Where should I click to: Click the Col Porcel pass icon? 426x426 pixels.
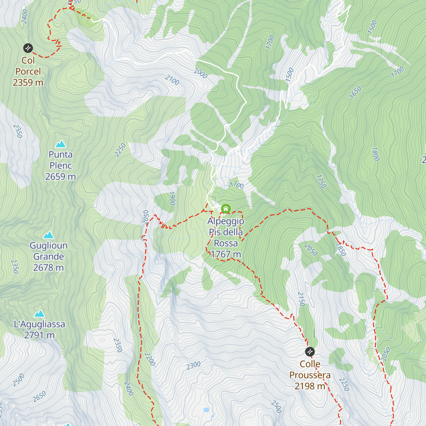point(28,48)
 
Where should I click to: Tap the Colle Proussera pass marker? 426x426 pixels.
point(310,352)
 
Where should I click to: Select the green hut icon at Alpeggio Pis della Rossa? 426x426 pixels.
point(226,209)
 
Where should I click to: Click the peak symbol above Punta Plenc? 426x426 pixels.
point(61,144)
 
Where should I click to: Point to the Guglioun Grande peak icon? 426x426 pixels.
point(48,235)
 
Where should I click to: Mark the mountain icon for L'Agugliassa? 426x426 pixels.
point(39,313)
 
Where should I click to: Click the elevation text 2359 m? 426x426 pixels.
point(28,83)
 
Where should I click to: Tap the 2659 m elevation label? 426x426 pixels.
point(61,177)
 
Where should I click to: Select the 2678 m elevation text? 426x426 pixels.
point(48,268)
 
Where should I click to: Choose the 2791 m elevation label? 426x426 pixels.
point(39,335)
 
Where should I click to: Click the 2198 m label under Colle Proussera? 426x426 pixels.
point(310,386)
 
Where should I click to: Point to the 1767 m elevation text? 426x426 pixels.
point(226,255)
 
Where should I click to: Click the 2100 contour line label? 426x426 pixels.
point(172,80)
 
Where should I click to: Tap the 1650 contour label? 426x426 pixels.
point(355,92)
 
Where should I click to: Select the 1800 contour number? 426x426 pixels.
point(376,154)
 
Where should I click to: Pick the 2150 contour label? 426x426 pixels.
point(301,299)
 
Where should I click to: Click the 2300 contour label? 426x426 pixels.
point(194,366)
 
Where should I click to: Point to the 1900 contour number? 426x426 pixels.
point(172,199)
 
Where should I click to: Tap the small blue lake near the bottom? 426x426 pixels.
point(206,410)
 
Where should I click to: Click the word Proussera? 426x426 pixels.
point(310,375)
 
